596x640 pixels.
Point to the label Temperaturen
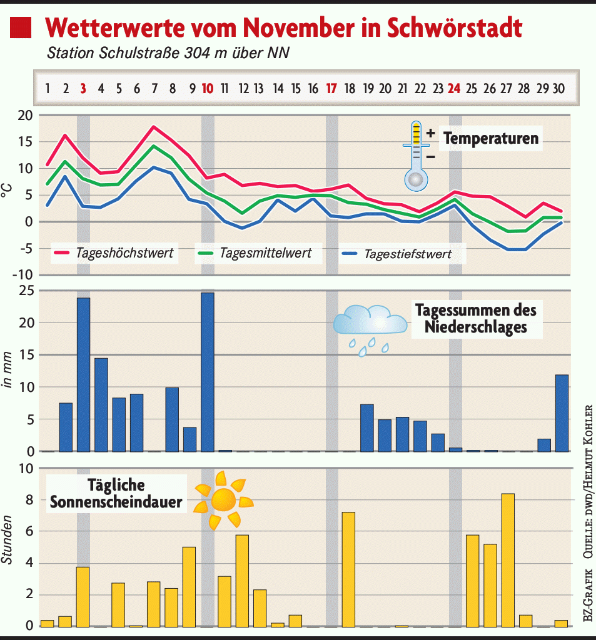click(x=490, y=138)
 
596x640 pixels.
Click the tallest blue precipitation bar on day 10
click(x=207, y=372)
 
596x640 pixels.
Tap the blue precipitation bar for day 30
click(x=562, y=412)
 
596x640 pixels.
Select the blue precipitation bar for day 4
click(x=101, y=404)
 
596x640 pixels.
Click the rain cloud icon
click(x=370, y=328)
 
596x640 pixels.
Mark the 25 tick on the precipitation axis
click(x=25, y=291)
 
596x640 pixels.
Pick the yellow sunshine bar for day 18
click(x=348, y=569)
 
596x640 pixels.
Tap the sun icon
click(x=223, y=499)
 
